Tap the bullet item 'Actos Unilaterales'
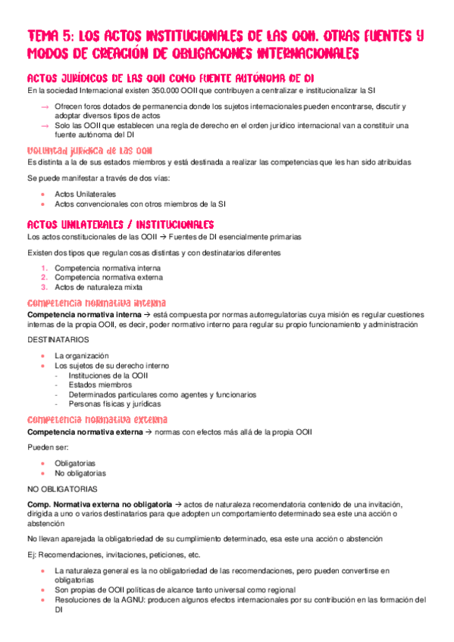81,194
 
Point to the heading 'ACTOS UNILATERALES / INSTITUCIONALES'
120,224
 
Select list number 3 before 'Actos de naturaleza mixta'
45,287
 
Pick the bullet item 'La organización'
82,355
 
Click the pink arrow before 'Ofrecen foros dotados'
45,106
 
